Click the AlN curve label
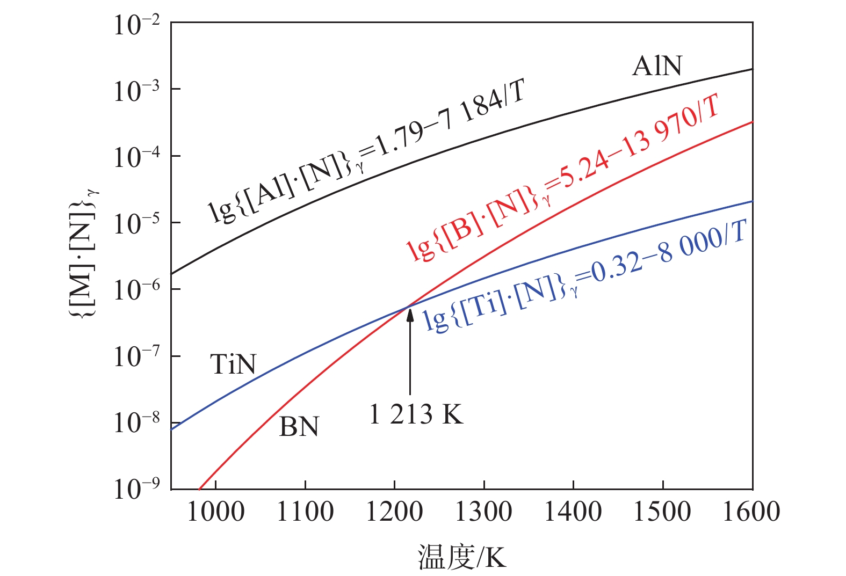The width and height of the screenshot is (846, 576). (656, 66)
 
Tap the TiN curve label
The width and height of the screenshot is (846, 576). (233, 364)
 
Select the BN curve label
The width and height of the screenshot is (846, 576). (299, 427)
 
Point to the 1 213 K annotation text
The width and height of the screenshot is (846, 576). (416, 415)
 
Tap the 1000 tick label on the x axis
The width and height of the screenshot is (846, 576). (215, 512)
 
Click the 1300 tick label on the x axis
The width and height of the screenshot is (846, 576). (484, 512)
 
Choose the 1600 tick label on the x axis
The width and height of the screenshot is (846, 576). (751, 512)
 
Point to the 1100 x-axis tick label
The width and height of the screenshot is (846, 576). (305, 512)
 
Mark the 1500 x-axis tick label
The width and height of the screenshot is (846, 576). (662, 512)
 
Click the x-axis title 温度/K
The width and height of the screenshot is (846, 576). (462, 557)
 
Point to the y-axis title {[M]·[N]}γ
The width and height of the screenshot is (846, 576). (85, 252)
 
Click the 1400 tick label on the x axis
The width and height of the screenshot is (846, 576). (573, 512)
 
